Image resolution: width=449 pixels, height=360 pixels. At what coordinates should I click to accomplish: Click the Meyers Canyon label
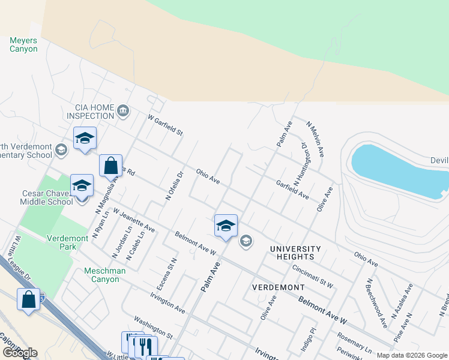[x=23, y=45]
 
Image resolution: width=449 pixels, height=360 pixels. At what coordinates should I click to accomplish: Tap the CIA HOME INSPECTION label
[x=90, y=112]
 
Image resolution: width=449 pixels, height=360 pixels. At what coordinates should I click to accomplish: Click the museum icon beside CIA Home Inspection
[x=123, y=110]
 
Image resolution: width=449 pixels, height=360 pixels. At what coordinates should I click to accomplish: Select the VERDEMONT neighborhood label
[x=278, y=287]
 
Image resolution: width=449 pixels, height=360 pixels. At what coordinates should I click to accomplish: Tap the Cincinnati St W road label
[x=312, y=275]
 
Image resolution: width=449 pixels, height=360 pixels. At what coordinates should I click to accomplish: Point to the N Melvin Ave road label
[x=315, y=139]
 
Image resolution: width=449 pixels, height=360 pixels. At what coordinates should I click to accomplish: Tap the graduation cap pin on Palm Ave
[x=226, y=226]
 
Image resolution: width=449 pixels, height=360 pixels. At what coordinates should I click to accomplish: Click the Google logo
[x=19, y=353]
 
